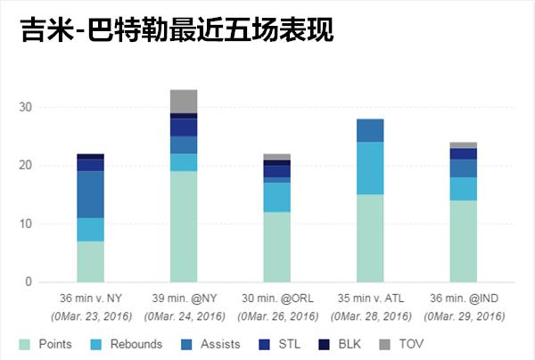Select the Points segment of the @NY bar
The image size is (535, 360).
(x=184, y=226)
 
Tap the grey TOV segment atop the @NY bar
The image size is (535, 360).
(x=184, y=101)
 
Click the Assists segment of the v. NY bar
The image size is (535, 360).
(x=90, y=194)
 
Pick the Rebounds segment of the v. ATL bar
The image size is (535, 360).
(x=370, y=168)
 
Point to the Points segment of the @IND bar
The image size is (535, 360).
(x=463, y=241)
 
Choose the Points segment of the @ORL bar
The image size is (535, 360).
(x=276, y=247)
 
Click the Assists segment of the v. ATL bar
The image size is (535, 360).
(x=370, y=130)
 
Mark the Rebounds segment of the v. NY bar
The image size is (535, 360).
(x=90, y=229)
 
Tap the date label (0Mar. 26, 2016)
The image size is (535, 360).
(x=276, y=316)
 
